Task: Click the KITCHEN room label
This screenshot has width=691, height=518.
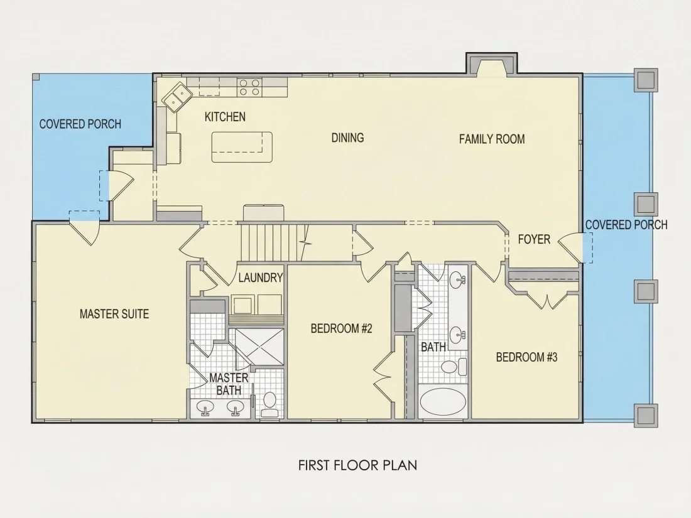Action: [x=225, y=117]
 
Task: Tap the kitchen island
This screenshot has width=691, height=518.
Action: [x=242, y=147]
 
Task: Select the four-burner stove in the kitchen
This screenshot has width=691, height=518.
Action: [x=249, y=87]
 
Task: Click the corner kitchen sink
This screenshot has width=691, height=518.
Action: [x=178, y=96]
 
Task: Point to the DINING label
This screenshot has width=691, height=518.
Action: [x=348, y=138]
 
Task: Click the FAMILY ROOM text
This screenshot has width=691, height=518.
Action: [x=492, y=139]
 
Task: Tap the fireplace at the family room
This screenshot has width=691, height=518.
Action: [x=491, y=64]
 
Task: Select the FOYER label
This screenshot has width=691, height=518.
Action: [x=534, y=240]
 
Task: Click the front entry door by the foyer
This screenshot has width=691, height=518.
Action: [x=571, y=247]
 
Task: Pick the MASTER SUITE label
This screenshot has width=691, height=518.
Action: [x=114, y=314]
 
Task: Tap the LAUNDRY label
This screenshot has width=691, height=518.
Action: [x=261, y=278]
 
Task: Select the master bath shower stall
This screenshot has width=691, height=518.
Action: [x=259, y=347]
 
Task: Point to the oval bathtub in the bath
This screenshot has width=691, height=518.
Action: [x=443, y=402]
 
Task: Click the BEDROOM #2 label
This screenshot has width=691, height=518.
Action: [x=342, y=328]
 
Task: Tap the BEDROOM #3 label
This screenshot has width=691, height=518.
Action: [x=526, y=357]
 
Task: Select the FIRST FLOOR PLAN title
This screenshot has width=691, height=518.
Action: [x=357, y=466]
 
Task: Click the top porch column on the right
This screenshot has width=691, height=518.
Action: [x=646, y=80]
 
